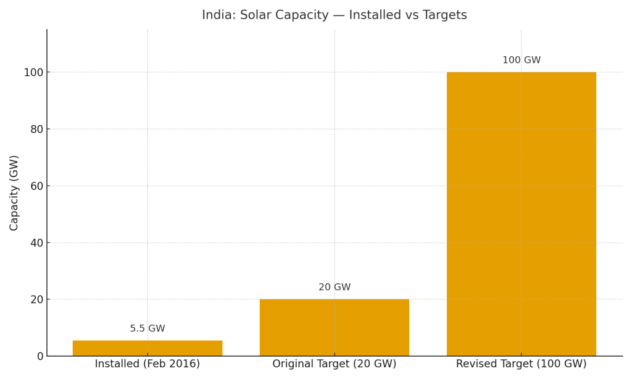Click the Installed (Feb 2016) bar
[x=148, y=348]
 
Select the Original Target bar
[x=335, y=327]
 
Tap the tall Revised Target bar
[x=522, y=214]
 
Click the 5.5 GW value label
[x=148, y=329]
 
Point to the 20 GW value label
[x=335, y=288]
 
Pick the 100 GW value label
[x=522, y=60]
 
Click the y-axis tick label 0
[x=40, y=356]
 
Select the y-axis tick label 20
[x=36, y=299]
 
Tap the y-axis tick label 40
[x=36, y=243]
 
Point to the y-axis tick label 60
[x=36, y=186]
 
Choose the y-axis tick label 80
[x=36, y=129]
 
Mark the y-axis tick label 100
[x=33, y=72]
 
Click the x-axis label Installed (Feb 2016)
[x=148, y=364]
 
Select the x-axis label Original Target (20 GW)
[x=335, y=364]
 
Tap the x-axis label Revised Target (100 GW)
[x=522, y=364]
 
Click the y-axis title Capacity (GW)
[x=14, y=193]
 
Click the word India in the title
[x=217, y=15]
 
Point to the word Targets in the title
[x=446, y=15]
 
